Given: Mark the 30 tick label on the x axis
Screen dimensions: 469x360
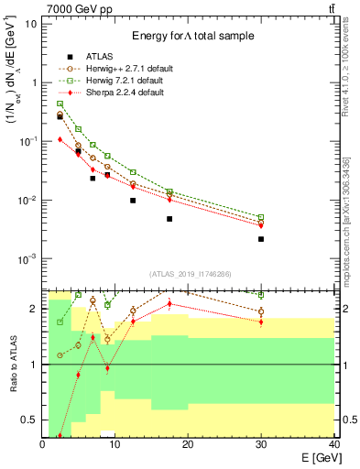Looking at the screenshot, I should coord(261,445).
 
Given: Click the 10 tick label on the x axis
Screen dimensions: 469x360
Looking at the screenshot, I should coord(115,445).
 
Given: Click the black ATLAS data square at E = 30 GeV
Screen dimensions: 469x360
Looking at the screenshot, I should coord(261,239).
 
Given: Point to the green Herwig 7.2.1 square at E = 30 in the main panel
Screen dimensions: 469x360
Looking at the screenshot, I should coord(261,218).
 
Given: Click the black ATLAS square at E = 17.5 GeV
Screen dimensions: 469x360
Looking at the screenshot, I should coord(169,219).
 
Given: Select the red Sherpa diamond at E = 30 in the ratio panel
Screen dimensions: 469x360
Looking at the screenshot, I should coord(261,322).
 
